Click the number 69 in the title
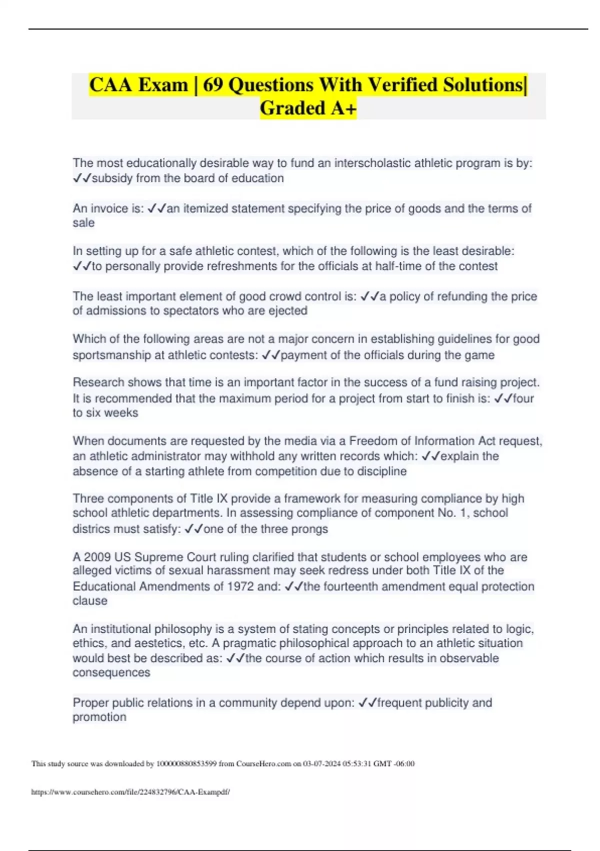coord(213,85)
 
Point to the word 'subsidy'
coord(112,179)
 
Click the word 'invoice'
coord(109,209)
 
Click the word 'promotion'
coord(99,717)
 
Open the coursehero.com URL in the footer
coord(130,792)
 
